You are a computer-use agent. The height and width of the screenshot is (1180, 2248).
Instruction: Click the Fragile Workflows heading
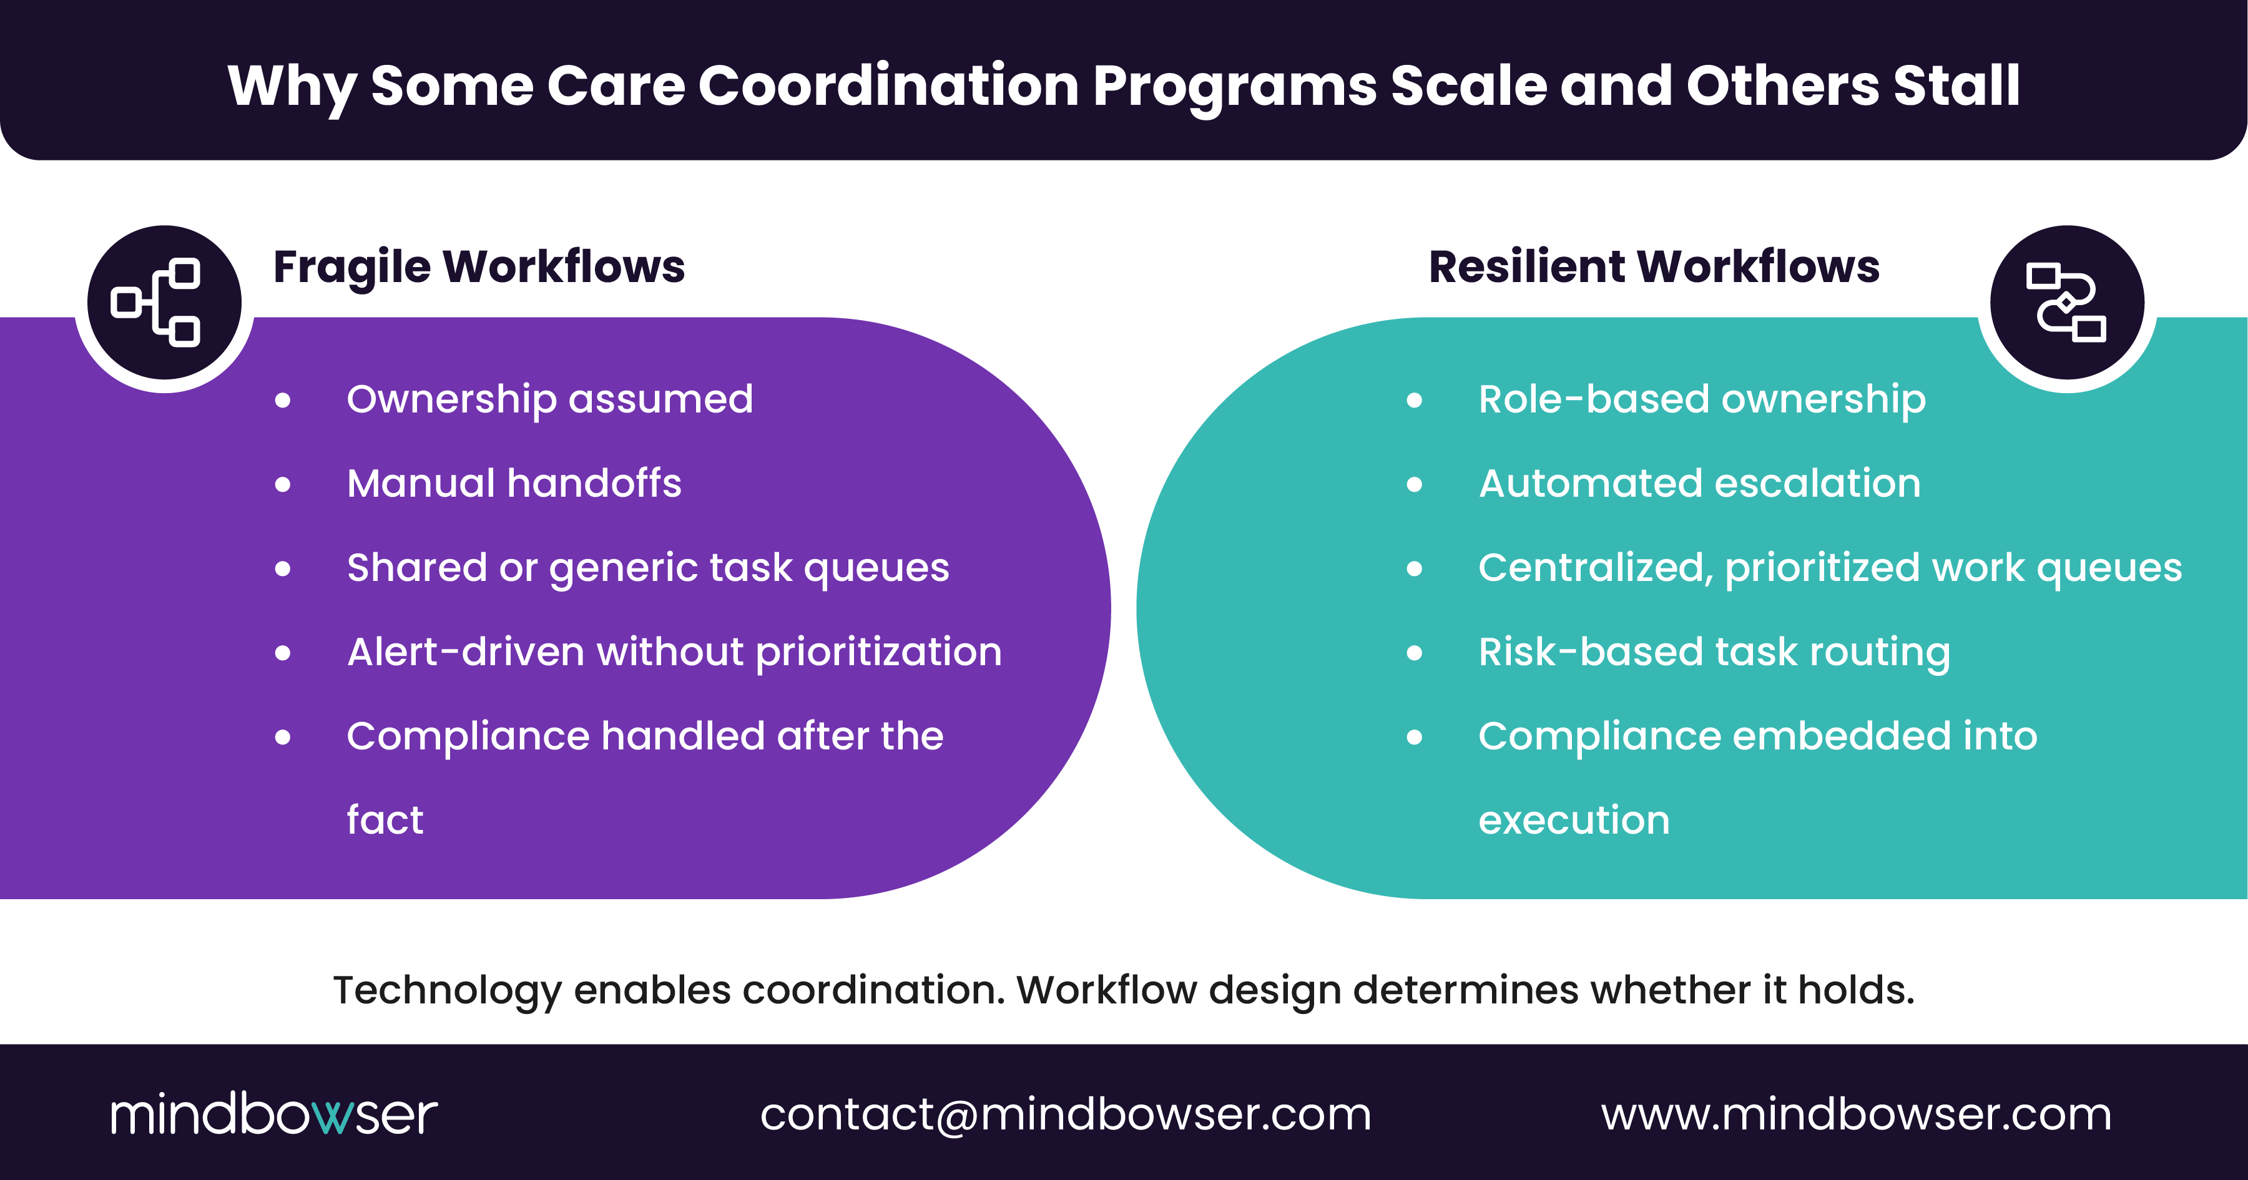pos(478,267)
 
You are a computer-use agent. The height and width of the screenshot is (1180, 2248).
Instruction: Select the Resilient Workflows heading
pos(1654,267)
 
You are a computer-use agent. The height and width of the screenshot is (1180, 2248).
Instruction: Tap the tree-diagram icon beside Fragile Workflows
pos(164,303)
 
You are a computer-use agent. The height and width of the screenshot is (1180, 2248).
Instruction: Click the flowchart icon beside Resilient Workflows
pos(2066,303)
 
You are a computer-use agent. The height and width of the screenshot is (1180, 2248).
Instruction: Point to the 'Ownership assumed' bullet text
pos(550,399)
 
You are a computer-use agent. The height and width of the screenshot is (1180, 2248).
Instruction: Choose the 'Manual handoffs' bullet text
pos(514,483)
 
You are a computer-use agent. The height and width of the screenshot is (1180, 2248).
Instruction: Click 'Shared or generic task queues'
pos(647,568)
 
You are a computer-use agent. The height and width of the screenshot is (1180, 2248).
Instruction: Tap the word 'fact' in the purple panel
pos(385,820)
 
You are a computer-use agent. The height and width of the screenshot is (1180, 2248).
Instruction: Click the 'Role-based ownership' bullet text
pos(1702,399)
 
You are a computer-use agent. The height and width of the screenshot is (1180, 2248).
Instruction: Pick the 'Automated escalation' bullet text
pos(1700,483)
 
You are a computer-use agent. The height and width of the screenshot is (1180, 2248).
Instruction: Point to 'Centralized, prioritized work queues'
pos(1830,568)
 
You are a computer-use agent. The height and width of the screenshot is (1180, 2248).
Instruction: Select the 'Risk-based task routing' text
pos(1714,652)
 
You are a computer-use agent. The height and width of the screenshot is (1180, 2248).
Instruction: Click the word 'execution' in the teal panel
pos(1573,820)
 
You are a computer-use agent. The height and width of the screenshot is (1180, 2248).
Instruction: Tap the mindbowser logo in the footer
pos(274,1114)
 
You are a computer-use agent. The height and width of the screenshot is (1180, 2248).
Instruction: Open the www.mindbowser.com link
pos(1856,1114)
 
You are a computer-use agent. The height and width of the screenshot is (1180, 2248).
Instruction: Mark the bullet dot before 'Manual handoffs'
pos(283,485)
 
